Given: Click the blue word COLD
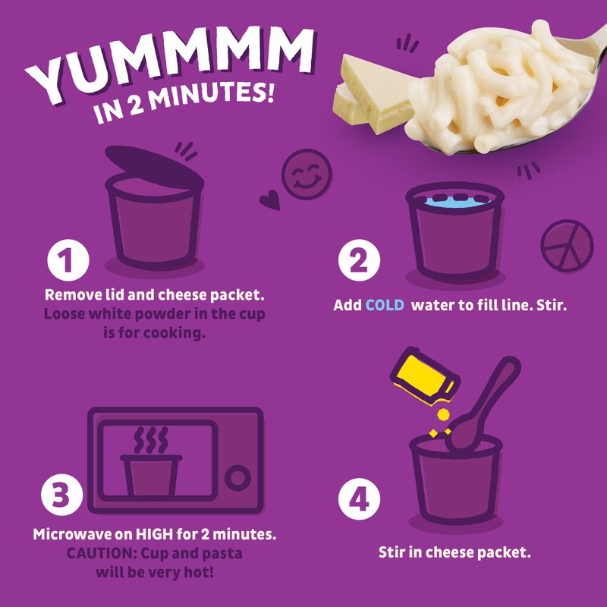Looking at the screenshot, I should coord(385,305).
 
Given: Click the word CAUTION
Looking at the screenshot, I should coord(97,553).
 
